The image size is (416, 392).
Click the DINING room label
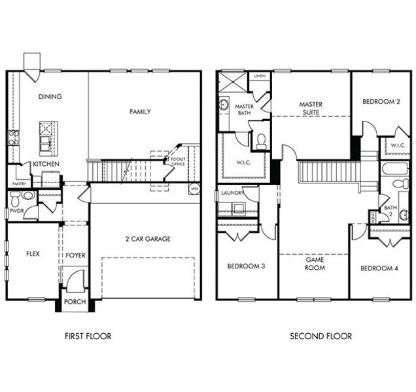click(50, 97)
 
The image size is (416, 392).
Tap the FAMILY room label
click(140, 112)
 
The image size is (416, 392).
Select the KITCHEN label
click(47, 163)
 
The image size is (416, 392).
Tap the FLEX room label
click(34, 254)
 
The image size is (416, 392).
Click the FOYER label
click(76, 255)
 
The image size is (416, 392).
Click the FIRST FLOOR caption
click(88, 336)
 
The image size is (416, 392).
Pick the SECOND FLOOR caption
click(321, 336)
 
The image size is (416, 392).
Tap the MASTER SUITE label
click(311, 108)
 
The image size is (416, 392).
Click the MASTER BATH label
click(244, 110)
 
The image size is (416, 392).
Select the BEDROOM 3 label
click(246, 267)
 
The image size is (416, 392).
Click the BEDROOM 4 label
click(379, 268)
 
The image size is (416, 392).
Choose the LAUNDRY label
click(232, 193)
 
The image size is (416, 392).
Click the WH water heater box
click(194, 189)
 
